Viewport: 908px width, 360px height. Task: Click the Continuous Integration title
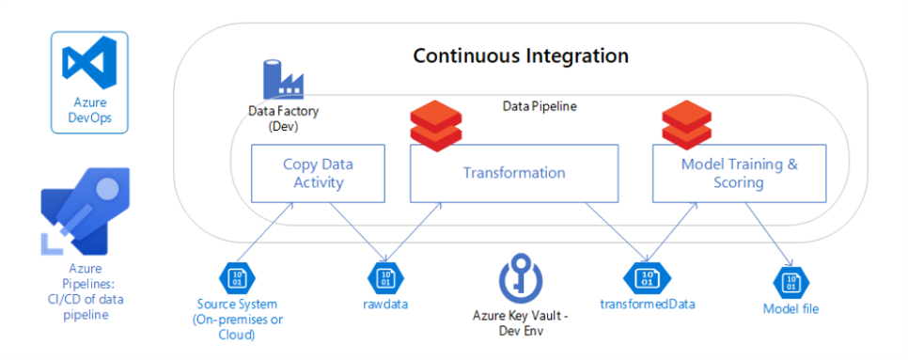point(521,55)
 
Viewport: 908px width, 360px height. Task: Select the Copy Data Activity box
point(318,173)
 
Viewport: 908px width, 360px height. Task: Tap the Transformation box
point(513,173)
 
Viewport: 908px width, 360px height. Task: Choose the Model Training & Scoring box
point(738,173)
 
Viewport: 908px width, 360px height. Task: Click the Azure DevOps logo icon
point(87,64)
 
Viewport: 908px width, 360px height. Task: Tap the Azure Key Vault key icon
point(521,280)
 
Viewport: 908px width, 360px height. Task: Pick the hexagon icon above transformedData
point(646,278)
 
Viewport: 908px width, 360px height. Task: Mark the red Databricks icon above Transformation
point(436,126)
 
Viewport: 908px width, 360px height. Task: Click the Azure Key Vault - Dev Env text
point(521,321)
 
